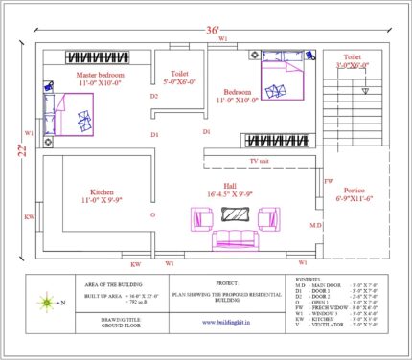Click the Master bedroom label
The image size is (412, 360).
(x=102, y=77)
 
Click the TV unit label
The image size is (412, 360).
(x=259, y=162)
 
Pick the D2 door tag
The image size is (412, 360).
(x=153, y=96)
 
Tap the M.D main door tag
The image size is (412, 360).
(x=314, y=225)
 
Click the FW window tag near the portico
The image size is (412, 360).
(x=329, y=181)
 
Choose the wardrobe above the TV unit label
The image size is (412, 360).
(x=272, y=140)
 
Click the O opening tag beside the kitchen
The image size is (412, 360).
(x=152, y=215)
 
